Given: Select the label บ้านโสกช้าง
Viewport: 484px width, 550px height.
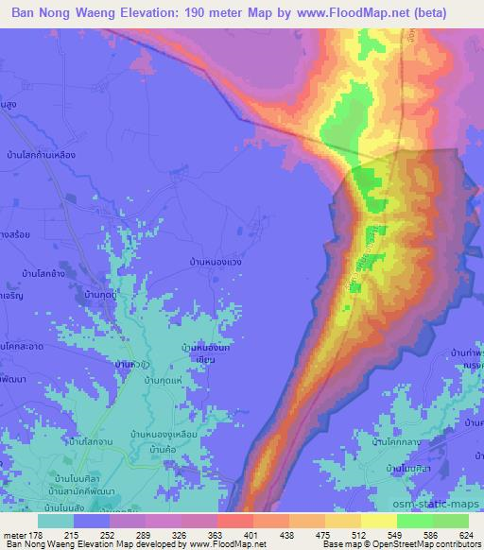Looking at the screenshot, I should click(43, 271).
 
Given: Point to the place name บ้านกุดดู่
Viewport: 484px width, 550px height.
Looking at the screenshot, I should click(107, 296).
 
